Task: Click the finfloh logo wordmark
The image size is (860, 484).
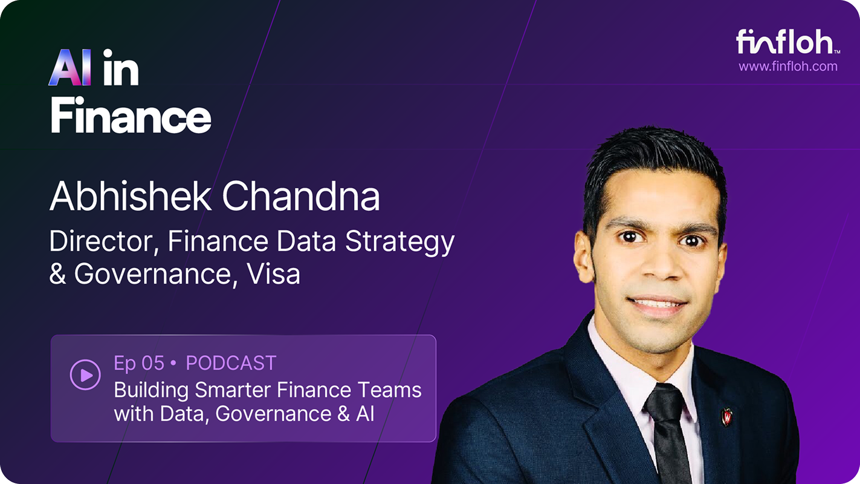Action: point(785,42)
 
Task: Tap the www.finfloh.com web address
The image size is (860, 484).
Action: point(788,67)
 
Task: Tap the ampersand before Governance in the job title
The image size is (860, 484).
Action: point(58,274)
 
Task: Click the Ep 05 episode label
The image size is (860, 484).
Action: point(139,363)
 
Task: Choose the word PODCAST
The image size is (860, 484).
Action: point(231,363)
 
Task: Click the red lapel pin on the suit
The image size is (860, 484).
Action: point(726,416)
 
